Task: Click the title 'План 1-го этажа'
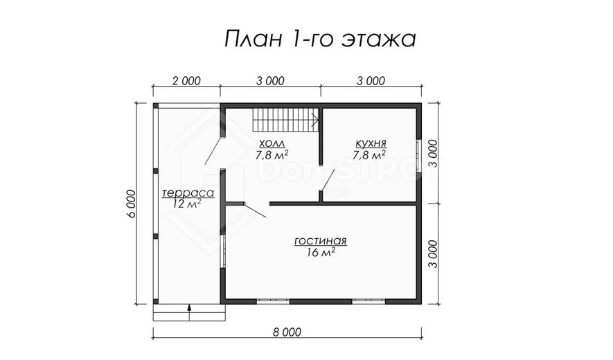click(x=320, y=39)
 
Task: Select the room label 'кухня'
click(x=371, y=143)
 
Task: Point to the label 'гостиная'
click(x=320, y=241)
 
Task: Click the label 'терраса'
click(x=188, y=193)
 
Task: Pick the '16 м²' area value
click(x=321, y=253)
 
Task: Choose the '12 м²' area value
click(x=187, y=204)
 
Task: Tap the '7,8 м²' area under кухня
click(x=370, y=155)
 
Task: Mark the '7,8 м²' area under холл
click(x=272, y=154)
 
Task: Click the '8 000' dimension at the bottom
click(x=287, y=332)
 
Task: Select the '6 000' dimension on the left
click(x=131, y=204)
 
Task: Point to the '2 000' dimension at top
click(x=186, y=81)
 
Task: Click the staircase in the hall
click(x=286, y=120)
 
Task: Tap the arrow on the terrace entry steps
click(x=189, y=312)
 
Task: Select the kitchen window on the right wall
click(x=418, y=156)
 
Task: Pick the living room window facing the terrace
click(x=224, y=251)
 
